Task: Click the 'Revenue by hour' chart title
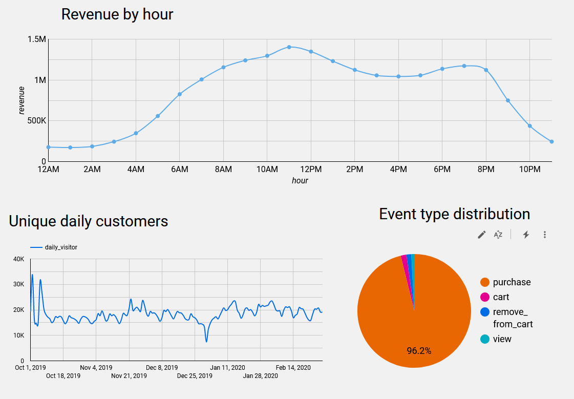pyautogui.click(x=117, y=14)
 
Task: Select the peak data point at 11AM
pyautogui.click(x=289, y=47)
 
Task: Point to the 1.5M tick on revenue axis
pyautogui.click(x=36, y=39)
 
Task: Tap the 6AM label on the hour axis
pyautogui.click(x=179, y=170)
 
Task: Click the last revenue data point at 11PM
pyautogui.click(x=551, y=141)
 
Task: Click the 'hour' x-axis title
pyautogui.click(x=300, y=181)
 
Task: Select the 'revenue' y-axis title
pyautogui.click(x=22, y=100)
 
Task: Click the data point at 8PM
pyautogui.click(x=486, y=70)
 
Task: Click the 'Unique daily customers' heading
pyautogui.click(x=89, y=221)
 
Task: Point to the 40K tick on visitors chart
pyautogui.click(x=18, y=259)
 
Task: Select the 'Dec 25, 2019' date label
pyautogui.click(x=195, y=376)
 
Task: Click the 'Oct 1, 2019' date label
pyautogui.click(x=31, y=368)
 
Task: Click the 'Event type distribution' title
pyautogui.click(x=454, y=214)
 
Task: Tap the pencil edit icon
pyautogui.click(x=481, y=235)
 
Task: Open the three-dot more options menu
pyautogui.click(x=545, y=235)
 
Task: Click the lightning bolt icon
pyautogui.click(x=525, y=235)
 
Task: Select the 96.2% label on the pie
pyautogui.click(x=419, y=351)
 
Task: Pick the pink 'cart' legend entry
pyautogui.click(x=500, y=297)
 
